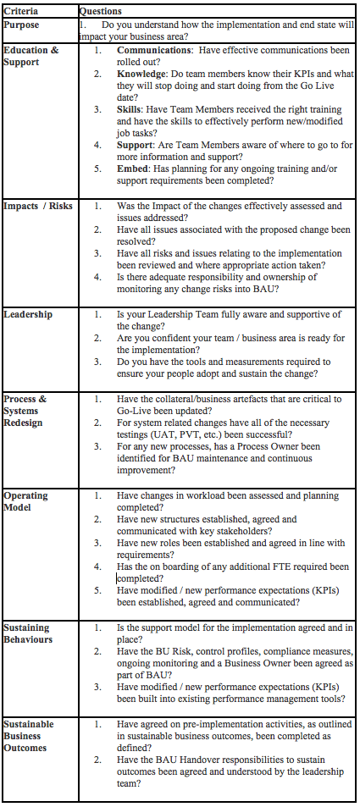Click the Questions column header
point(100,11)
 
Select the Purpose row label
point(23,25)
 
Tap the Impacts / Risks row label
point(36,206)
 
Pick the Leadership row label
point(28,314)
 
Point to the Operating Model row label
point(26,501)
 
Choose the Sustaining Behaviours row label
point(28,633)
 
